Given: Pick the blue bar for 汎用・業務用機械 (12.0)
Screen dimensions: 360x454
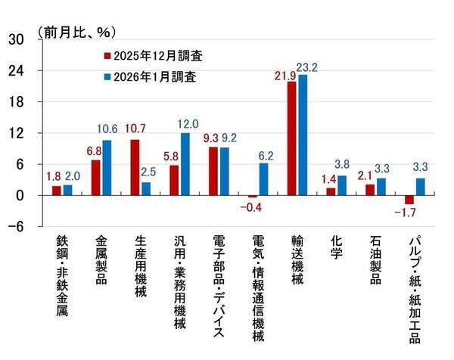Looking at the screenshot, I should click(185, 164).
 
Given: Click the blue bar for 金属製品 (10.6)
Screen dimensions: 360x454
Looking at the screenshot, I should click(107, 168).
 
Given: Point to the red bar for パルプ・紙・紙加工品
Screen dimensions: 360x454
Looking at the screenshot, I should click(409, 200).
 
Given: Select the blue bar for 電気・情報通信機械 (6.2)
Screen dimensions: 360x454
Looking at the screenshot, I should click(264, 179).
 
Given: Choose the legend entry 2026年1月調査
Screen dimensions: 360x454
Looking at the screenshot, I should click(155, 77).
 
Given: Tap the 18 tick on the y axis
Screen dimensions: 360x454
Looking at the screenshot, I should click(14, 102).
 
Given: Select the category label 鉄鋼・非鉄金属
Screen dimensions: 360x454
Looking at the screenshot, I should click(63, 275).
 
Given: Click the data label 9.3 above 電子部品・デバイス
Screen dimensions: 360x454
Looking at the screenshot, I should click(211, 138).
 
